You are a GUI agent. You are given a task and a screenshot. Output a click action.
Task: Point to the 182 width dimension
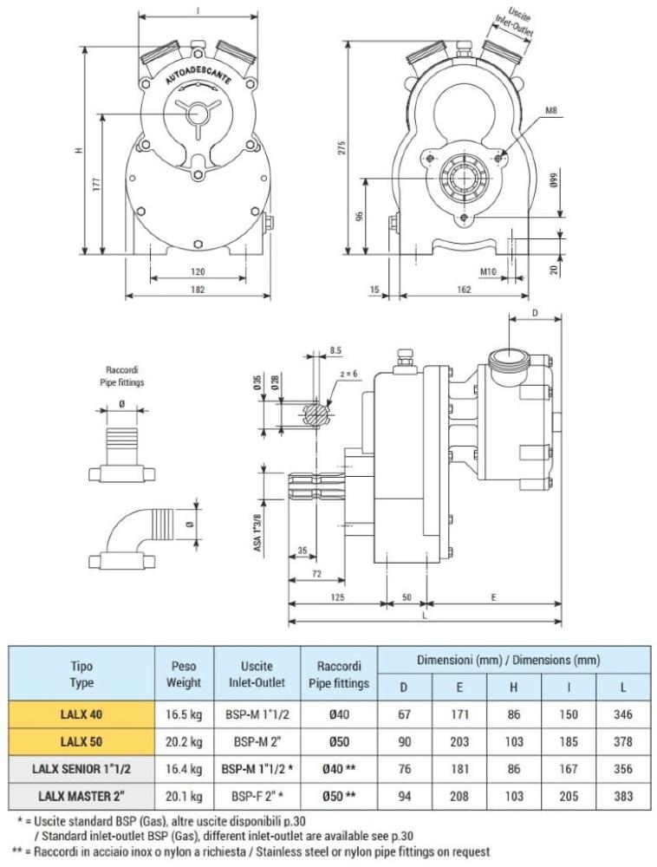(x=198, y=290)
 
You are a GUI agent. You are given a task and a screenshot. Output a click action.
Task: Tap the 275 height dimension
(x=342, y=148)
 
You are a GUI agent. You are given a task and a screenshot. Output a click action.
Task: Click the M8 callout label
(x=552, y=111)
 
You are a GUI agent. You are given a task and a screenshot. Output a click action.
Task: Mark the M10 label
(x=488, y=272)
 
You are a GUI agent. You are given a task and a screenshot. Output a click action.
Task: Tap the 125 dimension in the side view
(x=338, y=598)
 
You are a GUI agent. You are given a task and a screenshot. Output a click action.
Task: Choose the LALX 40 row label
(x=81, y=714)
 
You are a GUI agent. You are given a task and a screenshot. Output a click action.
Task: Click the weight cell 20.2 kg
(x=184, y=742)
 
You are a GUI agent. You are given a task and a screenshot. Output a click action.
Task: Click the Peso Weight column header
(x=184, y=674)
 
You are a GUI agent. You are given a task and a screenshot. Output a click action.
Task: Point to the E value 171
(x=459, y=714)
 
